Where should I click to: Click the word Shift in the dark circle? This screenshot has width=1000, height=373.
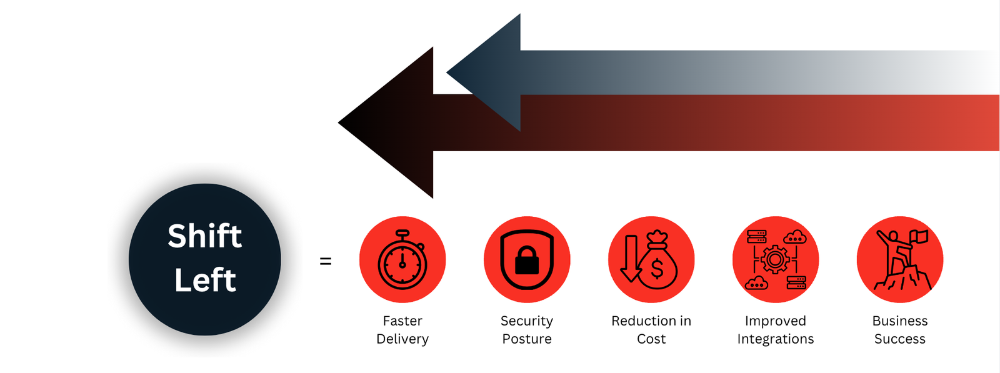[x=204, y=236]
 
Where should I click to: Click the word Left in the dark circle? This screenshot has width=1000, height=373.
[x=205, y=280]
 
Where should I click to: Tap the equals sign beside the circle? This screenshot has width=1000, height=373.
[x=325, y=261]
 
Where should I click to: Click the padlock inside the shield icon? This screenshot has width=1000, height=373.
[x=527, y=261]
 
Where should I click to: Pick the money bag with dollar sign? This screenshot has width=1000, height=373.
[x=657, y=265]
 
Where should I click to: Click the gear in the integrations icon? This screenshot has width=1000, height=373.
[x=776, y=259]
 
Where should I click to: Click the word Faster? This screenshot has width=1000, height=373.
[x=402, y=321]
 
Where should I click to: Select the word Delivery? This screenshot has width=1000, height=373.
[x=402, y=339]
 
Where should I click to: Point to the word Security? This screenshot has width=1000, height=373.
[x=527, y=321]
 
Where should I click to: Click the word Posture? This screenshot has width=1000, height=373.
[x=527, y=339]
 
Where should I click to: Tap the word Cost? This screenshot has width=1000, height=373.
[x=651, y=339]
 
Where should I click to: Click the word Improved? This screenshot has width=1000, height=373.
[x=776, y=321]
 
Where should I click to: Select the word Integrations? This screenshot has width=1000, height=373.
[x=776, y=339]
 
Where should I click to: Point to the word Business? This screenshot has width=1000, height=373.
[x=900, y=321]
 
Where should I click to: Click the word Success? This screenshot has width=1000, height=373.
[x=900, y=339]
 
